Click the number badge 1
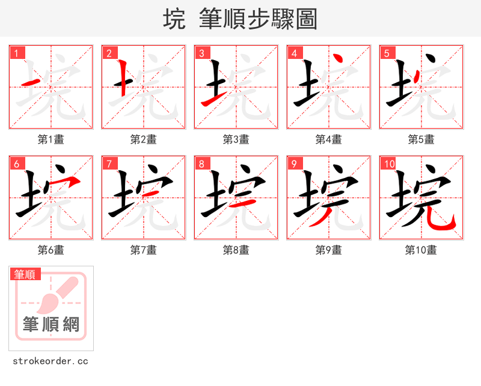(x=17, y=53)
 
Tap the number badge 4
(x=295, y=53)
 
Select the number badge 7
(x=109, y=164)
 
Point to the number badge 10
(x=389, y=164)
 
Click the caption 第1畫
(x=51, y=139)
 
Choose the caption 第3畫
(x=236, y=139)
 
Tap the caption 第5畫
(x=421, y=139)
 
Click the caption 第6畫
(x=51, y=250)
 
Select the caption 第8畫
(x=236, y=250)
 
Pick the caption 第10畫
(x=421, y=250)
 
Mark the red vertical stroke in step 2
(x=123, y=78)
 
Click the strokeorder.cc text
(x=51, y=361)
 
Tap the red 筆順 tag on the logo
(x=25, y=274)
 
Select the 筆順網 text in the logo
(x=51, y=325)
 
